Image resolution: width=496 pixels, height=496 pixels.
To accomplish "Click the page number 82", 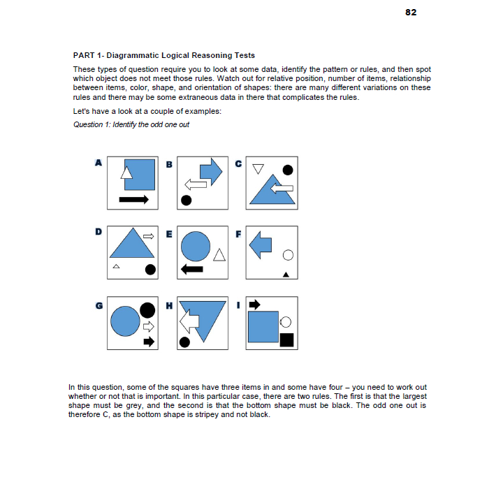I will [411, 13].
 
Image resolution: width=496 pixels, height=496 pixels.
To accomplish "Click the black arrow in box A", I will [133, 200].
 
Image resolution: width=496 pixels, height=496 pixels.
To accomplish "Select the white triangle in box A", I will [127, 170].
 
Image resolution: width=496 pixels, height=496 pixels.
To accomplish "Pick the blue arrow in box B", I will [210, 170].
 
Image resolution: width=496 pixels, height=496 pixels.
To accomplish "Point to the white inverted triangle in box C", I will [258, 169].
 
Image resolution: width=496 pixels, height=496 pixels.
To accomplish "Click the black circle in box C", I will [287, 169].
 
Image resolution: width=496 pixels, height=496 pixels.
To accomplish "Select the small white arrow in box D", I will [149, 237].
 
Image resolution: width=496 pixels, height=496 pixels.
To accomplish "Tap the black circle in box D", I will [149, 269].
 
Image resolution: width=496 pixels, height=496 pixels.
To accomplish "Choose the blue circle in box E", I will [196, 245].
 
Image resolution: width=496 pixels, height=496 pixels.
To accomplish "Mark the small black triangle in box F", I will [286, 274].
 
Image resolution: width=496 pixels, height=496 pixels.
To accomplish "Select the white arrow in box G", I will [147, 326].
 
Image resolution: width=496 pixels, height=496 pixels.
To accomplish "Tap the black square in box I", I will [286, 340].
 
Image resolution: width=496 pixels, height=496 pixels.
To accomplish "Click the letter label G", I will [99, 305].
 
